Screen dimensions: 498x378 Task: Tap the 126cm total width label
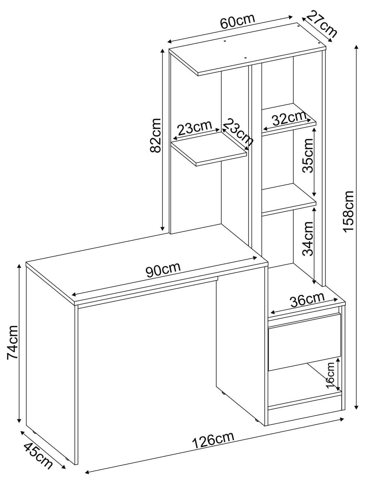point(213,440)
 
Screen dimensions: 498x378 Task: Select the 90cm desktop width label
point(163,270)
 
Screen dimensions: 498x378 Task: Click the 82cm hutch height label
point(155,135)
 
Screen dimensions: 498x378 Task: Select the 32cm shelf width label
point(289,119)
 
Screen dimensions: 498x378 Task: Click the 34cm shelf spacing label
point(307,238)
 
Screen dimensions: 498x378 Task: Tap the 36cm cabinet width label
point(307,300)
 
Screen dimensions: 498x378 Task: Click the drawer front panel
point(303,341)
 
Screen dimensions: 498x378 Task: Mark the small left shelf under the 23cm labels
point(209,148)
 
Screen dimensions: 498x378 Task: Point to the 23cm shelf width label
point(194,128)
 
